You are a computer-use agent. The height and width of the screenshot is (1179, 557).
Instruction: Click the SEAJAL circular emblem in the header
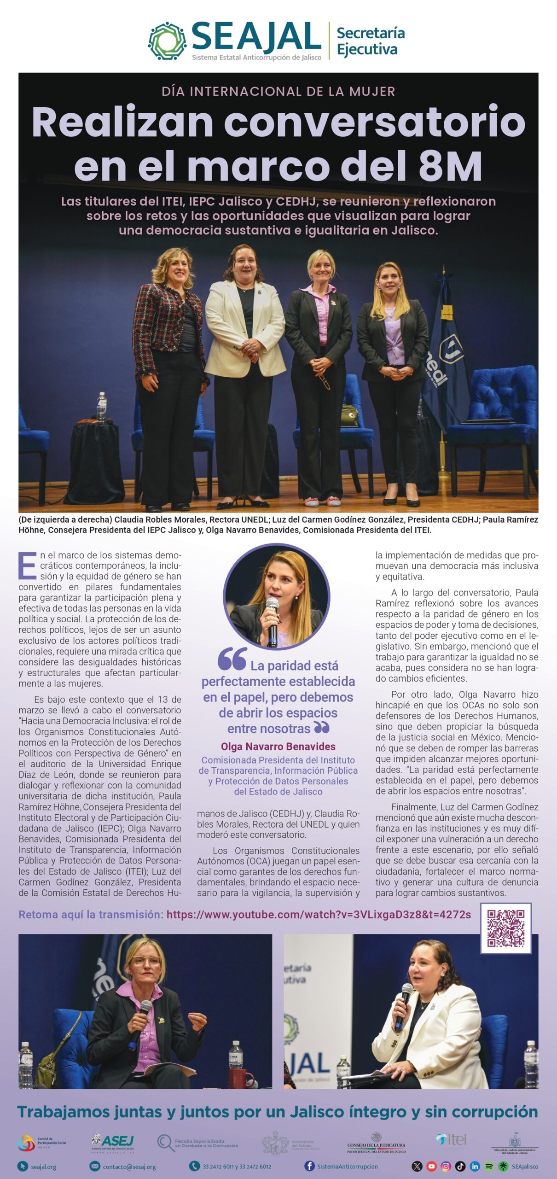click(x=167, y=41)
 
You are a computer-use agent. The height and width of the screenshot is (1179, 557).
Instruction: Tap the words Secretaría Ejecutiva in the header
click(x=370, y=41)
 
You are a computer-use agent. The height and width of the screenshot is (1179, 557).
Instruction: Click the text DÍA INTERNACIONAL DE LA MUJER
click(x=278, y=91)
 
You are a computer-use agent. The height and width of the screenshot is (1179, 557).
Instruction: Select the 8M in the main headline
click(x=450, y=166)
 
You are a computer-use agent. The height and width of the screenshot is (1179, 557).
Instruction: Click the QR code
click(x=505, y=928)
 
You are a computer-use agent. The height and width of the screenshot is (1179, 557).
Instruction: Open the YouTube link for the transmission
click(x=319, y=915)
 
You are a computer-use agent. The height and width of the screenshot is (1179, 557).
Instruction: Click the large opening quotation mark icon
click(x=232, y=659)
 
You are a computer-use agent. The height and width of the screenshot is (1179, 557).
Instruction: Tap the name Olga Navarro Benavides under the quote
click(x=278, y=747)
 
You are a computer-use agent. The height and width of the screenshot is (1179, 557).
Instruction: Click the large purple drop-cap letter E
click(x=28, y=566)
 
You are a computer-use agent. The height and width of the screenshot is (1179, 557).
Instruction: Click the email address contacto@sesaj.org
click(x=129, y=1167)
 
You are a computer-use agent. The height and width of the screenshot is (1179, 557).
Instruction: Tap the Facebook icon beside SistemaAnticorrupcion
click(x=309, y=1166)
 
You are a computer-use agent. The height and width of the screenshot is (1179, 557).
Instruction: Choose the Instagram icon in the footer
click(x=446, y=1166)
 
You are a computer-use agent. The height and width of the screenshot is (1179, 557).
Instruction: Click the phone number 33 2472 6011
click(x=219, y=1167)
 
